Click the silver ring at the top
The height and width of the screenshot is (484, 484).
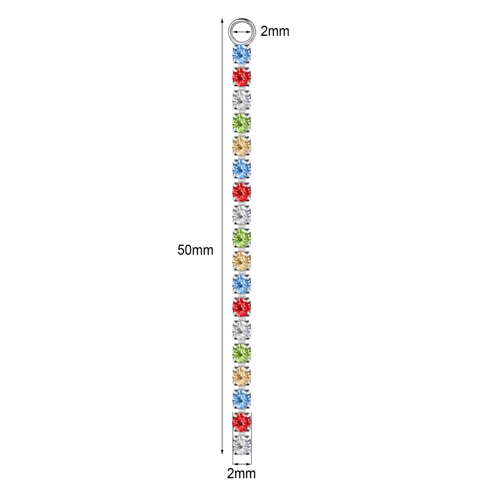point(242,31)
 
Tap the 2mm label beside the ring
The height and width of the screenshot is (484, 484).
point(274,31)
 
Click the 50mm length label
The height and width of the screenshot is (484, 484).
point(196,250)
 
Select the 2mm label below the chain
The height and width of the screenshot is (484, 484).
point(242,473)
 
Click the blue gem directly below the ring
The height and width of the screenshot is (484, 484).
point(242,54)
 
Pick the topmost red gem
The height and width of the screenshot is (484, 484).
point(242,76)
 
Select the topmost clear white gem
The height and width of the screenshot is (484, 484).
point(242,100)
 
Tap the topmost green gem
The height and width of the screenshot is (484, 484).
point(242,122)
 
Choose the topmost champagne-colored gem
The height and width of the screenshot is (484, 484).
point(242,145)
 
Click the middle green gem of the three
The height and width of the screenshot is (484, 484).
point(242,237)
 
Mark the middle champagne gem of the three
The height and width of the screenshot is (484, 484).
point(242,260)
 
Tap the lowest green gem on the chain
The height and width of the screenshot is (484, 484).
point(242,352)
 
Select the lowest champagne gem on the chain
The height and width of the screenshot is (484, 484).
point(242,375)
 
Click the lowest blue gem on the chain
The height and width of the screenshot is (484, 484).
point(242,398)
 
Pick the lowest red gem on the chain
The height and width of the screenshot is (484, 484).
point(242,421)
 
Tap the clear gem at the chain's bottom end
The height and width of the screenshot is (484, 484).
point(242,443)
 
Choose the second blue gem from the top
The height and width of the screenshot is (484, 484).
point(242,168)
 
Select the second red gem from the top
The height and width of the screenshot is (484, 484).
point(242,191)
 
